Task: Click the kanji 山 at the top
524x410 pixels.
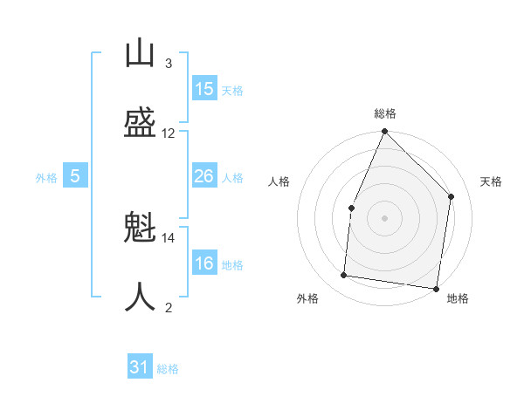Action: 140,52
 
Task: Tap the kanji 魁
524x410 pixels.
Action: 140,226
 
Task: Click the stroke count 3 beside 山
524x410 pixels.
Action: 169,64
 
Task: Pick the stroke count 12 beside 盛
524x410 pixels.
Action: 168,133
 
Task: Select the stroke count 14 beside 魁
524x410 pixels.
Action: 168,238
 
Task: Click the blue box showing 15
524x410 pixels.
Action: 204,88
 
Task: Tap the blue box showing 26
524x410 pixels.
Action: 204,175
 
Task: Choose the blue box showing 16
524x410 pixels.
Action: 204,262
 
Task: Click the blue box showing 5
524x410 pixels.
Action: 75,175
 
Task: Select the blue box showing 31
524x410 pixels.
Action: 140,366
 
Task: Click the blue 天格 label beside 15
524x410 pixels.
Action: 232,91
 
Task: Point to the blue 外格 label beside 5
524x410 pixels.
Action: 46,178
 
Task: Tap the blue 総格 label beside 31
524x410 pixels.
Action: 168,369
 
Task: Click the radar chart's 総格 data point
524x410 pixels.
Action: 384,131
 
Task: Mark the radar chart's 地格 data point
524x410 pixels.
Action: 436,289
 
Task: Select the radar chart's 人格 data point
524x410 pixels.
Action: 352,208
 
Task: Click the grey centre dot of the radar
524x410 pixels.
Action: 384,218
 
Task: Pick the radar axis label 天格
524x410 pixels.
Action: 491,181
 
